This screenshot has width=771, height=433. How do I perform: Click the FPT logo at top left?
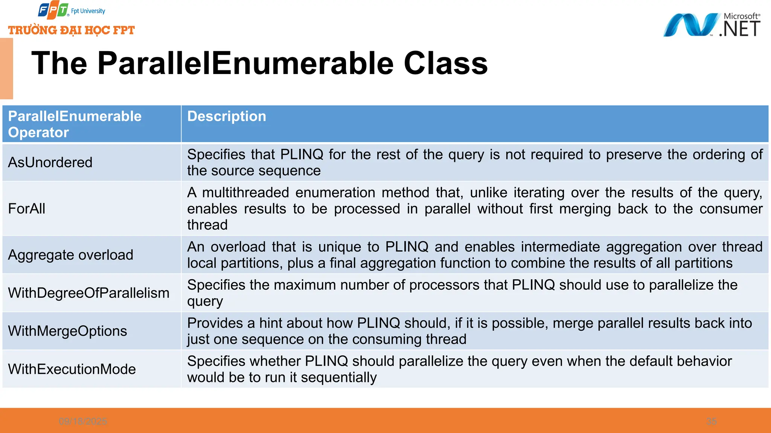(53, 11)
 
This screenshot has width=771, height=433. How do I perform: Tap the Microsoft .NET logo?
(712, 25)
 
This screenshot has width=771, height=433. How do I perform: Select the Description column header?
(227, 117)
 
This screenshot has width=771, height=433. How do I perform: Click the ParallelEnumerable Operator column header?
(75, 124)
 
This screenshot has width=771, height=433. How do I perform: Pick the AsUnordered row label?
(50, 162)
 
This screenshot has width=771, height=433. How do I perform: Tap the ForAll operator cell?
(27, 209)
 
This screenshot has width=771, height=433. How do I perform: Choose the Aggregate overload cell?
(70, 255)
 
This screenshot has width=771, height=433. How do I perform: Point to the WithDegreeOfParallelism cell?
(88, 293)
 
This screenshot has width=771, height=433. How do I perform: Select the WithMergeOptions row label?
(67, 331)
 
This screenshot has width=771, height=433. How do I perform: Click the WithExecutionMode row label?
(72, 369)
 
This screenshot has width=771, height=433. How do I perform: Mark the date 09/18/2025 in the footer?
(83, 421)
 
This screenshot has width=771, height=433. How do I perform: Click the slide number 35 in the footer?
(711, 421)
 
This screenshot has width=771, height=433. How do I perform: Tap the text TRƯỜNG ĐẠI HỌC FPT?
(72, 30)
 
